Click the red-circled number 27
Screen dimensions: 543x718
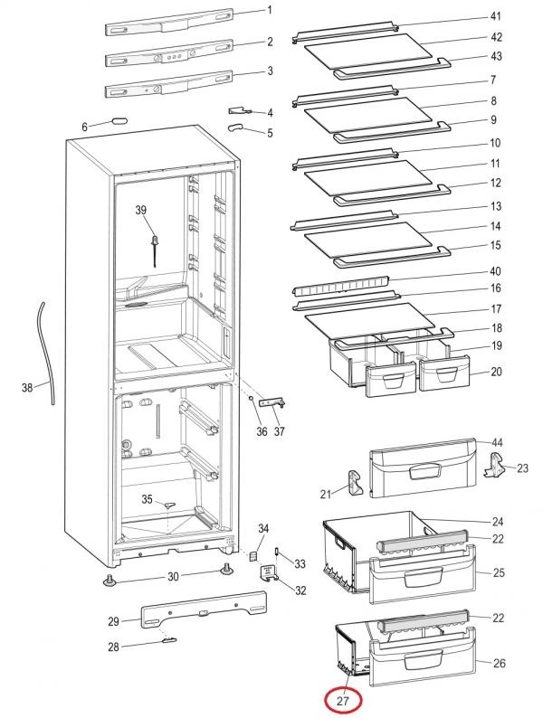(x=343, y=701)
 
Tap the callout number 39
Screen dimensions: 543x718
(x=140, y=210)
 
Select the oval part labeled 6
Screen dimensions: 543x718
(x=119, y=121)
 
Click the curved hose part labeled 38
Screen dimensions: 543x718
(x=45, y=353)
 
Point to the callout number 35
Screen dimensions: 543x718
(x=147, y=498)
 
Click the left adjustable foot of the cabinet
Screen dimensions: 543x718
(x=110, y=581)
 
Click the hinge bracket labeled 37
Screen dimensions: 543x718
(x=272, y=403)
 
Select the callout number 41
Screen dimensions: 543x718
(x=495, y=16)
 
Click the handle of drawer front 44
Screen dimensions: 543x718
(x=425, y=471)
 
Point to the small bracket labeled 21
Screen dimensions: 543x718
(x=355, y=483)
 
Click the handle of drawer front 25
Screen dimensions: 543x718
(x=424, y=577)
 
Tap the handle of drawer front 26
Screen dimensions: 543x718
(x=424, y=661)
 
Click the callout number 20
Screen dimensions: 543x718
(x=496, y=372)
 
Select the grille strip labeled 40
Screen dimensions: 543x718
(x=341, y=285)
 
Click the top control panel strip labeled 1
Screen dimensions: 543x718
(x=169, y=23)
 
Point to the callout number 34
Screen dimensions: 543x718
(x=263, y=528)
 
